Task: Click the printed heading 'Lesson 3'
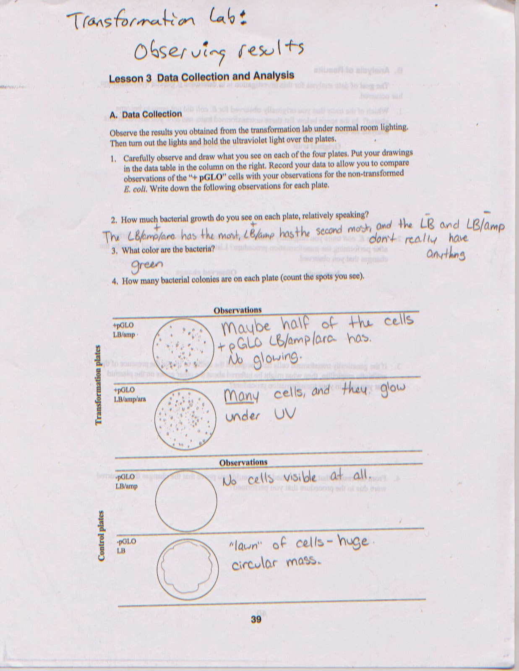130,78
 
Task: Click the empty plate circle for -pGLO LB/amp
186,502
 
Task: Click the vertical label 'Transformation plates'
99,385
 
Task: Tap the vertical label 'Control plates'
101,536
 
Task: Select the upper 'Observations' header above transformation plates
237,310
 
